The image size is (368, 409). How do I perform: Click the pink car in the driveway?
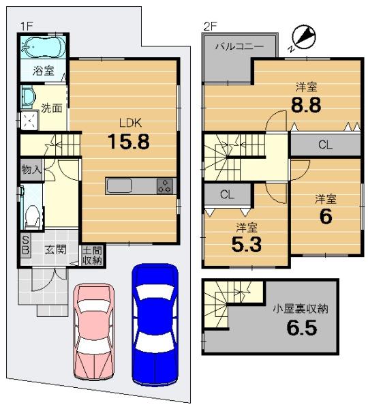[93, 332]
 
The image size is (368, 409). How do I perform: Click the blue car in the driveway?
[155, 324]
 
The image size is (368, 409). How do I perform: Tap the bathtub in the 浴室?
[44, 47]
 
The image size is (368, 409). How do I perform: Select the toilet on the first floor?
[33, 216]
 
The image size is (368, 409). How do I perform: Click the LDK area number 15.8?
[129, 142]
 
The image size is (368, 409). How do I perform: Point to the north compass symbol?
[303, 37]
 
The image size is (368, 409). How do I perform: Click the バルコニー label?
[239, 46]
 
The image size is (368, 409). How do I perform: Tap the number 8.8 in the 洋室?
[306, 105]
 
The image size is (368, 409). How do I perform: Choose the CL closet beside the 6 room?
[326, 145]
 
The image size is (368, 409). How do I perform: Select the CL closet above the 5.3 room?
[227, 194]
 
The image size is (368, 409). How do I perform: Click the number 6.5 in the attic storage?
[302, 328]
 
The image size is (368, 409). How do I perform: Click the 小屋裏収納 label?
[300, 309]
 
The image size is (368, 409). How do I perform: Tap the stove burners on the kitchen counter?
[165, 186]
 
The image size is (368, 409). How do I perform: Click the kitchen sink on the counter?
[119, 185]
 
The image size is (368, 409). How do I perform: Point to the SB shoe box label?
[26, 245]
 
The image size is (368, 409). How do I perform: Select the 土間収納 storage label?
[92, 256]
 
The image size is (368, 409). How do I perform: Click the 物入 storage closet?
[31, 170]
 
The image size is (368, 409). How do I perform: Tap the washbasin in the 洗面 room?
[27, 96]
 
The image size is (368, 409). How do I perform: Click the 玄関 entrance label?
[56, 249]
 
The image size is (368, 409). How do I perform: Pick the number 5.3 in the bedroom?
[247, 245]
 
